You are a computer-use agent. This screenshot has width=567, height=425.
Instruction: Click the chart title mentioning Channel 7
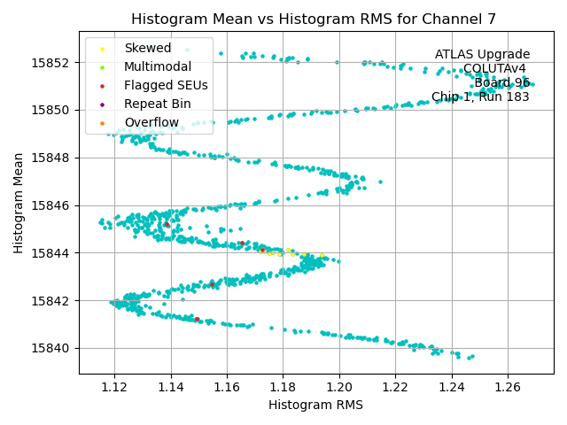click(313, 19)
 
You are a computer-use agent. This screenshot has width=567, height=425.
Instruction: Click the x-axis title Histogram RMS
click(315, 405)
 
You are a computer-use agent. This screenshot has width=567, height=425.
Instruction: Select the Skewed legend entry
click(148, 48)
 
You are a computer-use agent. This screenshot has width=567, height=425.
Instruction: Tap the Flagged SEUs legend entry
click(166, 85)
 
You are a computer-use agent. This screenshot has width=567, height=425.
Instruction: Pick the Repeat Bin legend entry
click(157, 104)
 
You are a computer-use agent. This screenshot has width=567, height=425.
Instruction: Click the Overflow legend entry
click(151, 122)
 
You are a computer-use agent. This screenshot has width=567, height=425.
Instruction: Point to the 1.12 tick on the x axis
click(114, 387)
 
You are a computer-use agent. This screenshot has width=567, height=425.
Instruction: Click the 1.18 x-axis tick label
click(283, 387)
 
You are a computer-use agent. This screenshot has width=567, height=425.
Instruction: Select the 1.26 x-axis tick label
click(508, 387)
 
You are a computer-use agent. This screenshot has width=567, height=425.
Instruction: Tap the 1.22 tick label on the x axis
click(395, 387)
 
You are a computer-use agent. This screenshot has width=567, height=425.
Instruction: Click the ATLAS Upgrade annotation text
click(482, 55)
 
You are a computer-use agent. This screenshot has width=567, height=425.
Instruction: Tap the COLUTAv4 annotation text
click(494, 69)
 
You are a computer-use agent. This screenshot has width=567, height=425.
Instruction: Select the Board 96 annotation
click(501, 83)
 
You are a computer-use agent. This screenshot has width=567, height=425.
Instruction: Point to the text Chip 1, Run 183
click(480, 97)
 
